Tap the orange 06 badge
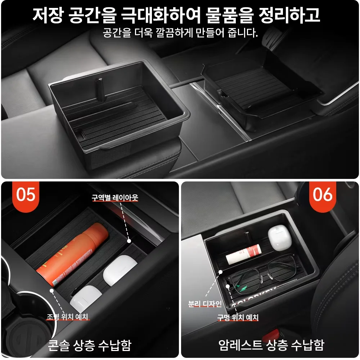(323, 195)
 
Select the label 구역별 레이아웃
(115, 198)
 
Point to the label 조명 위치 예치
(68, 317)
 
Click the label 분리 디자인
(205, 304)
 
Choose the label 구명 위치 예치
(238, 318)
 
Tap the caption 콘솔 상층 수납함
(90, 345)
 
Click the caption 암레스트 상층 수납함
(271, 345)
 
